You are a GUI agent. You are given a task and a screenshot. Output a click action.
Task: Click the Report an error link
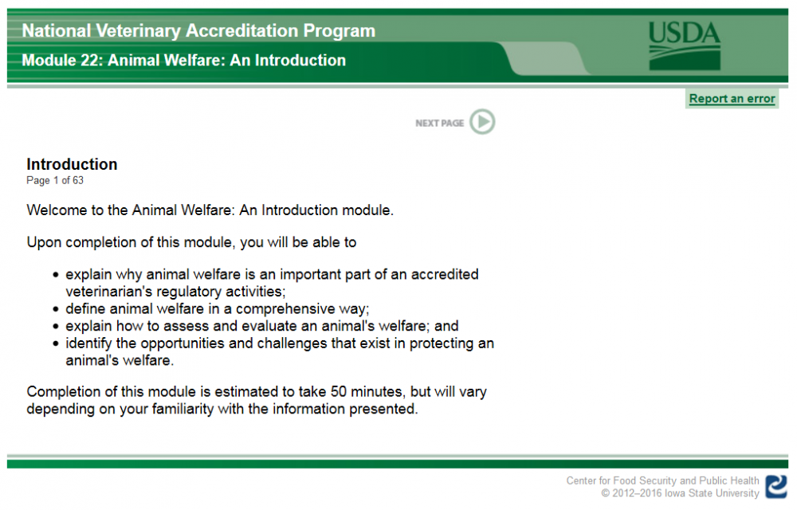(x=732, y=99)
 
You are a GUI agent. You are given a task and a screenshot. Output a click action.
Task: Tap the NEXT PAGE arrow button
(x=482, y=122)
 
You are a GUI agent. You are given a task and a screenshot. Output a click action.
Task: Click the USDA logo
(x=684, y=45)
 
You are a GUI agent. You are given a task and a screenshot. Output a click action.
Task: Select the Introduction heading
(x=72, y=165)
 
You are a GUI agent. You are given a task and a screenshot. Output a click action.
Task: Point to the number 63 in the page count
(x=77, y=181)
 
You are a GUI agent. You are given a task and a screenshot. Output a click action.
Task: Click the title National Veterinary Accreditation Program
(x=198, y=31)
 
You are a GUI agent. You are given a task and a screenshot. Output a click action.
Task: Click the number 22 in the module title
(x=92, y=61)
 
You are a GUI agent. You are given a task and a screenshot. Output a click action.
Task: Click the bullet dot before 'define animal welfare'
(x=56, y=309)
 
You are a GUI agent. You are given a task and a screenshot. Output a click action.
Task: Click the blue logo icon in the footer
(x=776, y=486)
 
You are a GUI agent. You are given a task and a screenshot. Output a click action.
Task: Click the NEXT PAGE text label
(x=439, y=124)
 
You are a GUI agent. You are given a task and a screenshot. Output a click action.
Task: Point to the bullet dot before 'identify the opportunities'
(x=56, y=344)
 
